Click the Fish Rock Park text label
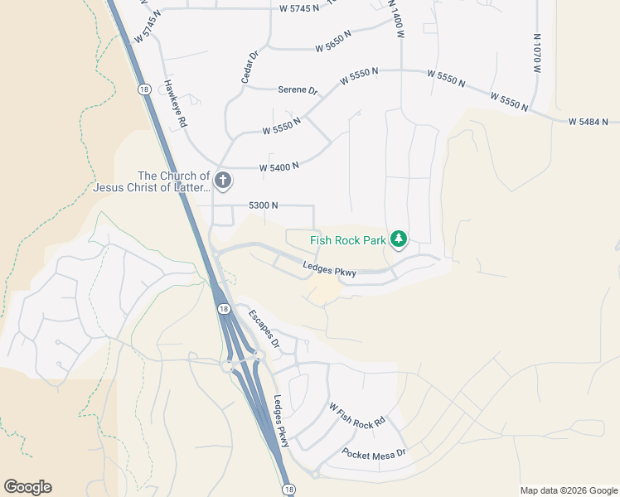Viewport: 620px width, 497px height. [x=348, y=240]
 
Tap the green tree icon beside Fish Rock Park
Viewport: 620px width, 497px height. [x=400, y=239]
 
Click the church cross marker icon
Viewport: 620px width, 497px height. [x=222, y=180]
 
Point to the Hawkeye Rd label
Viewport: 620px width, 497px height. [x=174, y=103]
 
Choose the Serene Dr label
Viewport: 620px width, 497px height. [x=298, y=89]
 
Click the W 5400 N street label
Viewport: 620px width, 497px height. [x=279, y=166]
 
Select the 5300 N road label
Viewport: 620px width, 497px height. [x=264, y=205]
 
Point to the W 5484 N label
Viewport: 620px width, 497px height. [x=593, y=122]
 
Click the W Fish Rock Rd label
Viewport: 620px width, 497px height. [x=357, y=414]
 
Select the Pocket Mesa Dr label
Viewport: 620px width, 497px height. [x=374, y=454]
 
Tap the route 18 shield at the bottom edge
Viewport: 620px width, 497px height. [x=286, y=490]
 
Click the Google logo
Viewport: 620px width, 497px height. [x=27, y=487]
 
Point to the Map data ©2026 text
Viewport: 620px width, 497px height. [x=569, y=490]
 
